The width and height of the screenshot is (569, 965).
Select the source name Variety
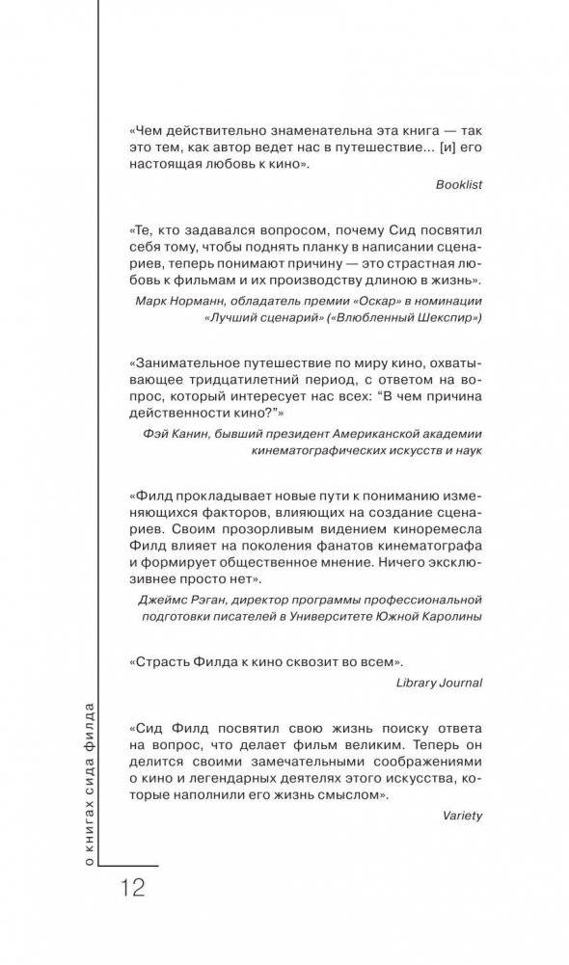[x=464, y=815]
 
